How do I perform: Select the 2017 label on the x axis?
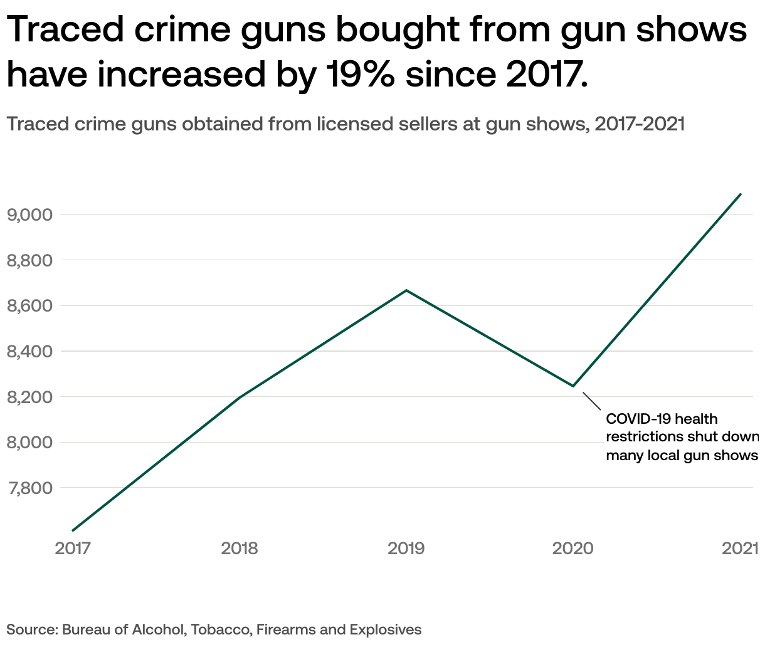pyautogui.click(x=73, y=549)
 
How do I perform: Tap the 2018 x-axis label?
pyautogui.click(x=240, y=549)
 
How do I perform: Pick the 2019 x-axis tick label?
pyautogui.click(x=406, y=549)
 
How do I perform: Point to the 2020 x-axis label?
pyautogui.click(x=572, y=549)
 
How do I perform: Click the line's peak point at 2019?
pyautogui.click(x=406, y=290)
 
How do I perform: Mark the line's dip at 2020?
pyautogui.click(x=573, y=386)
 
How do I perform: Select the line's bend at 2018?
pyautogui.click(x=240, y=397)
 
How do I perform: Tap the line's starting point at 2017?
pyautogui.click(x=73, y=530)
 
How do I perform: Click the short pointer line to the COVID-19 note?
pyautogui.click(x=592, y=401)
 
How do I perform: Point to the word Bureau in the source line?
pyautogui.click(x=83, y=629)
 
